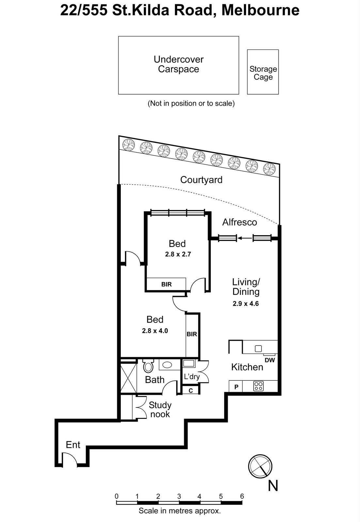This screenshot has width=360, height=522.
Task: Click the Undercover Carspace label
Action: tap(179, 64)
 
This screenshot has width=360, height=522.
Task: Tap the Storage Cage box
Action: tap(263, 72)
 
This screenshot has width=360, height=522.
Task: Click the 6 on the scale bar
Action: tap(242, 496)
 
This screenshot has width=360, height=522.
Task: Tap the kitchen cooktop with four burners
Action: tap(258, 386)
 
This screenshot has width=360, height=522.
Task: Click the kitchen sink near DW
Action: tap(258, 348)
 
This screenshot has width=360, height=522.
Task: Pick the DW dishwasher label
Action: tap(270, 360)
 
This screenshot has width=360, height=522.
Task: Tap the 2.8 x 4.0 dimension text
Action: tap(155, 331)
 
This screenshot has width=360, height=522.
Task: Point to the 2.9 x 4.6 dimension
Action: tap(245, 303)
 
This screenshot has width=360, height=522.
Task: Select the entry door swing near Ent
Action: tap(70, 461)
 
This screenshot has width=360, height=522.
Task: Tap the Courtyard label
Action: tap(201, 180)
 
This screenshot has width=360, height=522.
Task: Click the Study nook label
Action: tap(160, 409)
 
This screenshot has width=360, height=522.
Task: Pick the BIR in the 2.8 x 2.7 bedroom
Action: tap(166, 284)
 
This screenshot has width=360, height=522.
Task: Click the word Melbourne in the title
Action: tap(260, 10)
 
